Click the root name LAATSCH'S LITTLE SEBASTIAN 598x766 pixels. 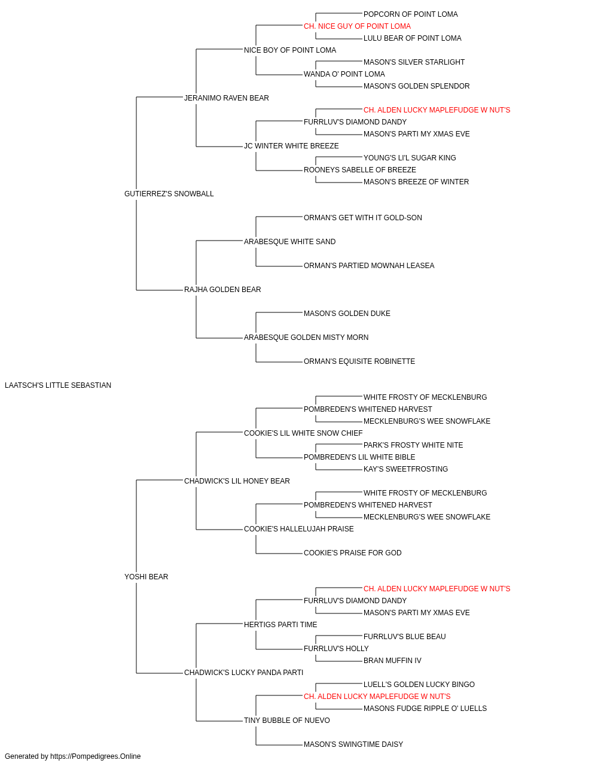pos(58,385)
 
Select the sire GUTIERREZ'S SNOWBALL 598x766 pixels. pos(169,193)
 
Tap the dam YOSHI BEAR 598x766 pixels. pos(146,577)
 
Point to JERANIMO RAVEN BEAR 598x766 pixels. pos(227,98)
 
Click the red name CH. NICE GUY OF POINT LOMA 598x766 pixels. pos(357,26)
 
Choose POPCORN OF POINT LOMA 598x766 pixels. pos(411,14)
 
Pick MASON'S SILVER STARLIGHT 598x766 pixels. pos(414,62)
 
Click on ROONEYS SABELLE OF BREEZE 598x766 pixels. pos(360,170)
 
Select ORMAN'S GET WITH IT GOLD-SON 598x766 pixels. pos(363,218)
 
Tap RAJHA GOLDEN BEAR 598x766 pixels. pos(222,290)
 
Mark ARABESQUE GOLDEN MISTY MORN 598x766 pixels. pos(306,338)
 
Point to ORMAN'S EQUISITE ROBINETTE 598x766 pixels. pos(359,361)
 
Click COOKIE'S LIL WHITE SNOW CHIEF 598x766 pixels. pos(303,433)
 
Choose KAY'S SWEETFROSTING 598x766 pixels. pos(405,469)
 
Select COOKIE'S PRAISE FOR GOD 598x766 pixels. pos(353,553)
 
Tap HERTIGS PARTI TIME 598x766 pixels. pos(280,625)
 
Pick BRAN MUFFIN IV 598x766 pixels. pos(392,661)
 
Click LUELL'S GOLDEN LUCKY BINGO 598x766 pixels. pos(419,685)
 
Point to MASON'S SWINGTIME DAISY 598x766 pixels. pos(353,744)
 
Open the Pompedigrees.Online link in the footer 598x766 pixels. pos(96,756)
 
